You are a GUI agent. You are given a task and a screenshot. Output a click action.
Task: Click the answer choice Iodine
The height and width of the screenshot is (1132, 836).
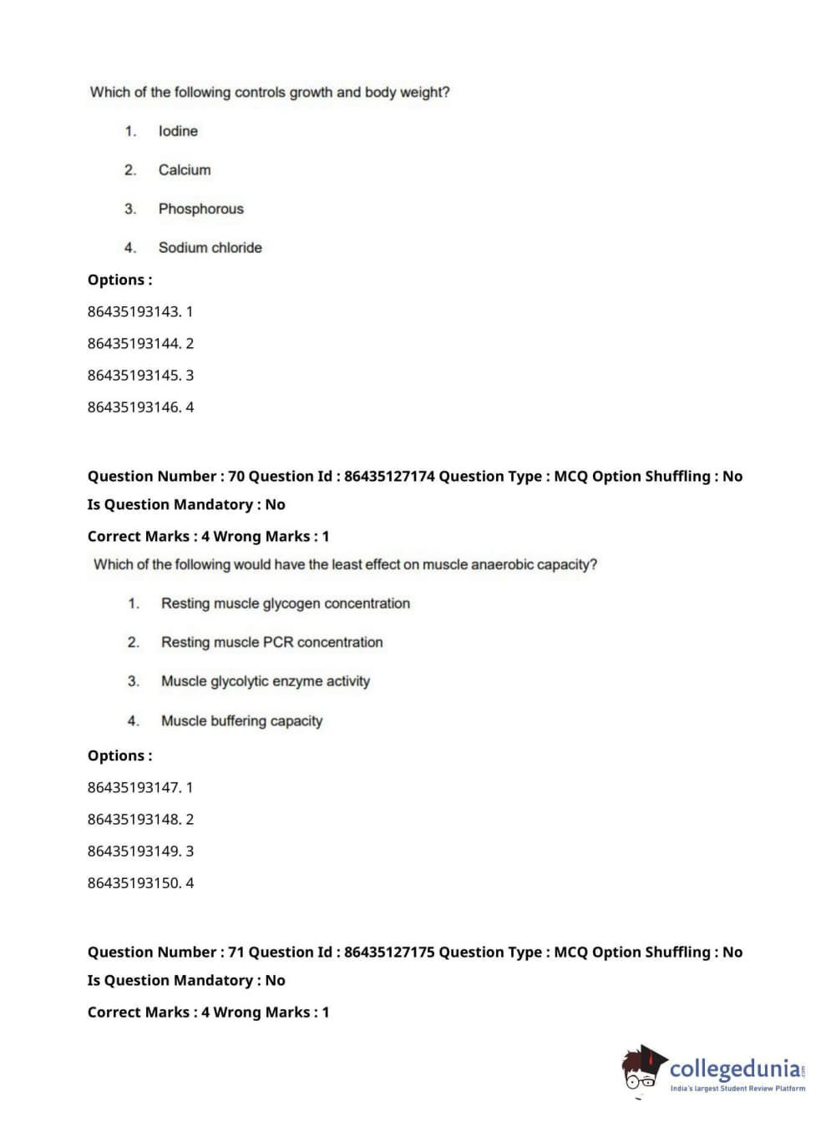pyautogui.click(x=178, y=131)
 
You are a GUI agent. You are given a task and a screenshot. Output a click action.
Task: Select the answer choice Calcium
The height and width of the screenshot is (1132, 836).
pyautogui.click(x=185, y=170)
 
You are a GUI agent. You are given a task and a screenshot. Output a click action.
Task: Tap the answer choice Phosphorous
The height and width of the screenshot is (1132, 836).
pyautogui.click(x=201, y=209)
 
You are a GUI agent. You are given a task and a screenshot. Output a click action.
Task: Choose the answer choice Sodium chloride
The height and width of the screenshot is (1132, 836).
pyautogui.click(x=210, y=248)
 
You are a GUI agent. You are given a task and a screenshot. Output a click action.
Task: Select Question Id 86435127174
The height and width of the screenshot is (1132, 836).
pyautogui.click(x=389, y=477)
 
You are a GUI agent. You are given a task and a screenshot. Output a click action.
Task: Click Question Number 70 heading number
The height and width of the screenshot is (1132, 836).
pyautogui.click(x=236, y=477)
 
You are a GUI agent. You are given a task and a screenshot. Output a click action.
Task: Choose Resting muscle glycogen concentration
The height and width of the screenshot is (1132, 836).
pyautogui.click(x=286, y=604)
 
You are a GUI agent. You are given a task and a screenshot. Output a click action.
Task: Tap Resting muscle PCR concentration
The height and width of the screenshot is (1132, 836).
pyautogui.click(x=272, y=642)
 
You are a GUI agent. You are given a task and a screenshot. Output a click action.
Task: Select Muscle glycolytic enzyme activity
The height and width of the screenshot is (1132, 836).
pyautogui.click(x=266, y=681)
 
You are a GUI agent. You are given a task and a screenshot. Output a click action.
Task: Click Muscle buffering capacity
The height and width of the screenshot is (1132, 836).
pyautogui.click(x=242, y=720)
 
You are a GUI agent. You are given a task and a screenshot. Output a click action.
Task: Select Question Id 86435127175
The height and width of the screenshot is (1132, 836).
pyautogui.click(x=389, y=953)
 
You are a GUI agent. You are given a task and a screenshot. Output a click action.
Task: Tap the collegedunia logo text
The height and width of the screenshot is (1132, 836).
pyautogui.click(x=735, y=1069)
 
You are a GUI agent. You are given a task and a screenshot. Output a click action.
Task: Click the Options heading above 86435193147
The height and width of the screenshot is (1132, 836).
pyautogui.click(x=119, y=756)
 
